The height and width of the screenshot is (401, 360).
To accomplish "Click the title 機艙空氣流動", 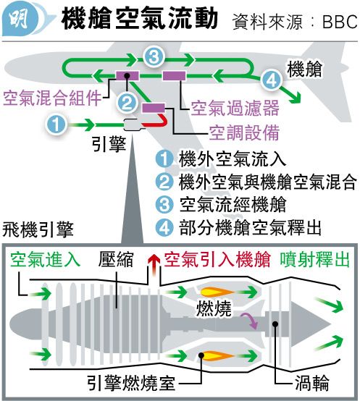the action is [140, 18].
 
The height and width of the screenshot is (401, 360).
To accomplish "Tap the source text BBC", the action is [340, 22].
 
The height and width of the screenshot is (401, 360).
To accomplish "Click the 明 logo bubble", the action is [20, 18].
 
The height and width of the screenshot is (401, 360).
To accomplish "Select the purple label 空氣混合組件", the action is [52, 98].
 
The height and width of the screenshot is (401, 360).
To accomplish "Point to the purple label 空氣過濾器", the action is [235, 108].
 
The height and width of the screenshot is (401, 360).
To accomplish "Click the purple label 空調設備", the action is [244, 132].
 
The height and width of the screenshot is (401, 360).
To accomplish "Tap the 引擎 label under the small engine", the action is [109, 144].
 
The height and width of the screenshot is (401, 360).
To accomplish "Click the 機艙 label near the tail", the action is [304, 69].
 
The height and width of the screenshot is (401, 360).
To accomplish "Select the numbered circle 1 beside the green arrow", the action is [56, 124].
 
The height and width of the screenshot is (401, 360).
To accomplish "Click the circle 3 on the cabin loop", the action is [154, 56].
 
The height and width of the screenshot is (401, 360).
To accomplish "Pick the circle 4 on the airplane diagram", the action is [272, 80].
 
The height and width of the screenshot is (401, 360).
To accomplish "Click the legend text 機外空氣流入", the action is [233, 159].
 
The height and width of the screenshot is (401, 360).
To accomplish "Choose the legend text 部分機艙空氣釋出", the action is [250, 227].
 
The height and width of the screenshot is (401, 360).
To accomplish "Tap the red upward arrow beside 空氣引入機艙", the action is [154, 265].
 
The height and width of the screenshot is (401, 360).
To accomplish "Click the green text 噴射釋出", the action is [314, 260].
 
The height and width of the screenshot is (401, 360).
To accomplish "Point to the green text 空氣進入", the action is [46, 259].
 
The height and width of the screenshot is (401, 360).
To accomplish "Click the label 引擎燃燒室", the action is [131, 383].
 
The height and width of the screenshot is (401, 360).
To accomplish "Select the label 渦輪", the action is [312, 383].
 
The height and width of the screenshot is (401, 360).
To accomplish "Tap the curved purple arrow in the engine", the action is [250, 320].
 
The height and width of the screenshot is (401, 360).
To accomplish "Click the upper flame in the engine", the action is [217, 292].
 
